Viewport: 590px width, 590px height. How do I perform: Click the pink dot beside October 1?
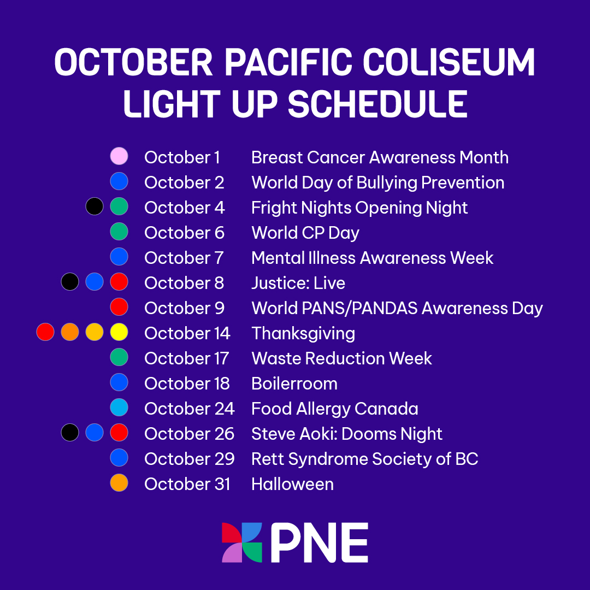(x=119, y=156)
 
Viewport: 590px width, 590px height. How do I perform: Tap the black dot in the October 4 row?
(x=95, y=206)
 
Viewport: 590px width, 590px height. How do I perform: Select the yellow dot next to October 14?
(x=119, y=332)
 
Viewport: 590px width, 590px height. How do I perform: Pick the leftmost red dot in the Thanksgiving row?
(x=45, y=332)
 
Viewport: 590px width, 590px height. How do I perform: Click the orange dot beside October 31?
(x=119, y=483)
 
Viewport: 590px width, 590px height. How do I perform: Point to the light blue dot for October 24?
(x=119, y=408)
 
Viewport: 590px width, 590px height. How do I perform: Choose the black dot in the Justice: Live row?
(x=70, y=282)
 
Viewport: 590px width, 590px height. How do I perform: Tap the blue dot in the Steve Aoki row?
(x=95, y=433)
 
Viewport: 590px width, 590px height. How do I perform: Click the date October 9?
(x=184, y=308)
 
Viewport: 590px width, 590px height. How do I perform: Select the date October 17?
(x=186, y=358)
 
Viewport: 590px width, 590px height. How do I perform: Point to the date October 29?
(x=189, y=459)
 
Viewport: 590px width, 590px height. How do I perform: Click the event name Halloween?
(x=292, y=484)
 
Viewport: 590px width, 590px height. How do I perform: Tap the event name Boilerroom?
(x=294, y=383)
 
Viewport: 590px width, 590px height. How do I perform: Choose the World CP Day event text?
(x=305, y=233)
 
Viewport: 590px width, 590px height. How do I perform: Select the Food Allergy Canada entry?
(x=334, y=409)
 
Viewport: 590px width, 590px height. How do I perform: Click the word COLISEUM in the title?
(x=449, y=63)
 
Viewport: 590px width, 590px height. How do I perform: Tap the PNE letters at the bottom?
(x=319, y=542)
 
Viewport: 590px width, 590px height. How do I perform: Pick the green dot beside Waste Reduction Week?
(x=119, y=357)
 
